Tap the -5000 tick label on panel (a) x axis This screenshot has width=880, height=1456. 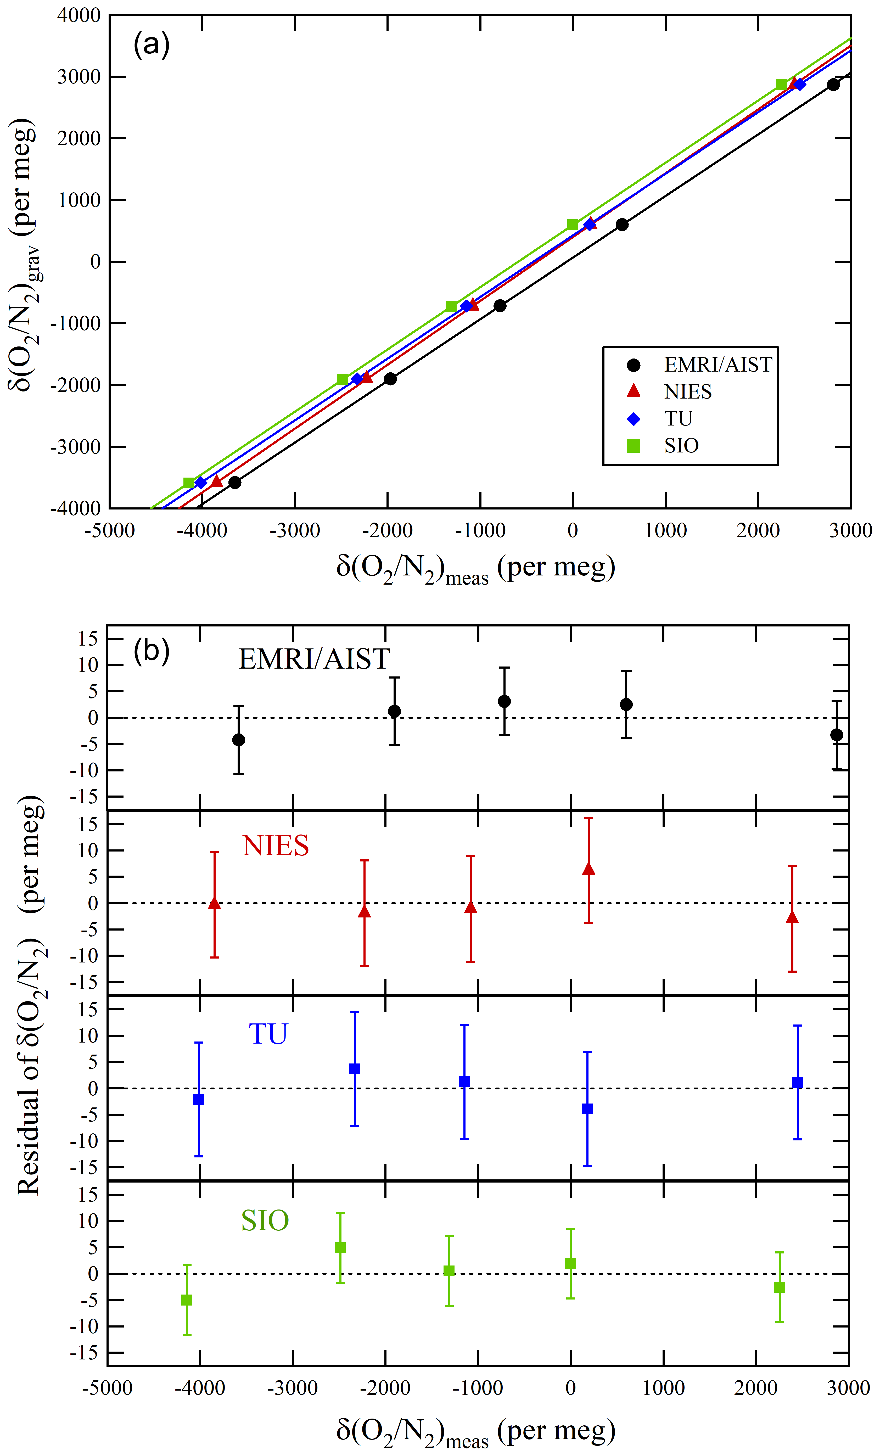coord(110,531)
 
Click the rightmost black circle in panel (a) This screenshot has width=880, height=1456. coord(833,85)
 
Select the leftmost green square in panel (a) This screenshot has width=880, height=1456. coord(189,483)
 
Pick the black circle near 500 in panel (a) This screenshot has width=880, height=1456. coord(622,225)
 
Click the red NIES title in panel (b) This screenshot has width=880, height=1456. coord(275,845)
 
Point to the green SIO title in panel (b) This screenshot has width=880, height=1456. coord(265,1220)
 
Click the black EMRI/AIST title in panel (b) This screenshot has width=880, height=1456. coord(314,659)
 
